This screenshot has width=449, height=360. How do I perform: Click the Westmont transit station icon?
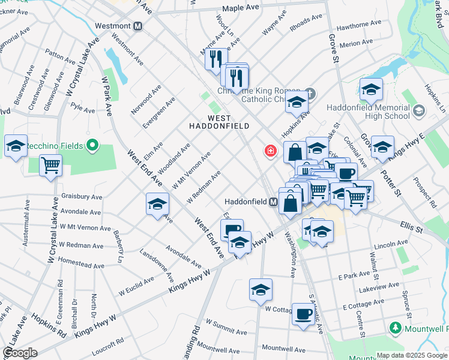click(138, 26)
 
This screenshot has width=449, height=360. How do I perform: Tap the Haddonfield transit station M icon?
click(273, 202)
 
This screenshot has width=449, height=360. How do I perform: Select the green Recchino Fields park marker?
click(92, 145)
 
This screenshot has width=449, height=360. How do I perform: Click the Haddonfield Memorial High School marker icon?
click(418, 110)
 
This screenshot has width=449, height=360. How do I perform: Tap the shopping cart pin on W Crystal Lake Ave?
click(51, 165)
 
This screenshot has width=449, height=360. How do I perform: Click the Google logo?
click(20, 353)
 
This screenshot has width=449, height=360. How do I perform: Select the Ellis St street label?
click(411, 226)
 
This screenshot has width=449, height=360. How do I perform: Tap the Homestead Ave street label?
click(81, 265)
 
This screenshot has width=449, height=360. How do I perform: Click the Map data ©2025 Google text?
click(411, 355)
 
